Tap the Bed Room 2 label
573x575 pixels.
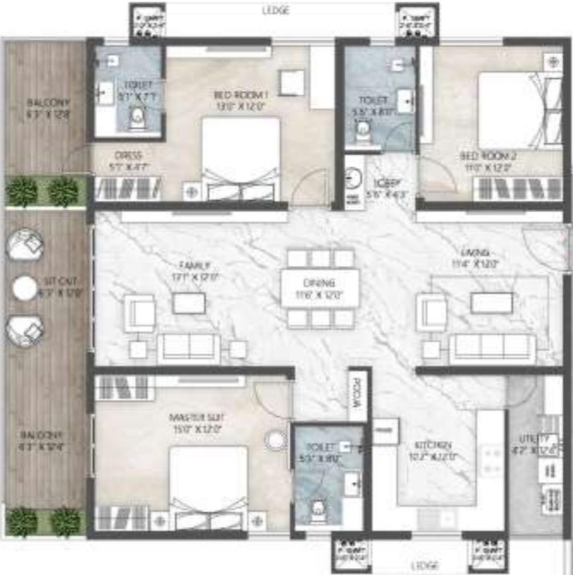pyautogui.click(x=488, y=157)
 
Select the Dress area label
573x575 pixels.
pyautogui.click(x=128, y=157)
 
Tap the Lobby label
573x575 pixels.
pyautogui.click(x=384, y=184)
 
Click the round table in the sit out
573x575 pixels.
pyautogui.click(x=25, y=288)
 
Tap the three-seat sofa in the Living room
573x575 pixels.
pyautogui.click(x=492, y=348)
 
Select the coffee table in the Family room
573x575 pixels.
pyautogui.click(x=189, y=303)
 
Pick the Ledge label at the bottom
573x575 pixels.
pyautogui.click(x=424, y=566)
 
